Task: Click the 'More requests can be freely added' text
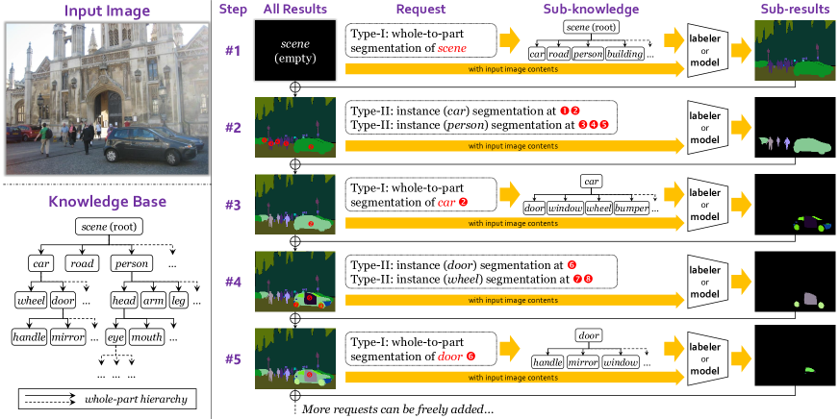pyautogui.click(x=395, y=408)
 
